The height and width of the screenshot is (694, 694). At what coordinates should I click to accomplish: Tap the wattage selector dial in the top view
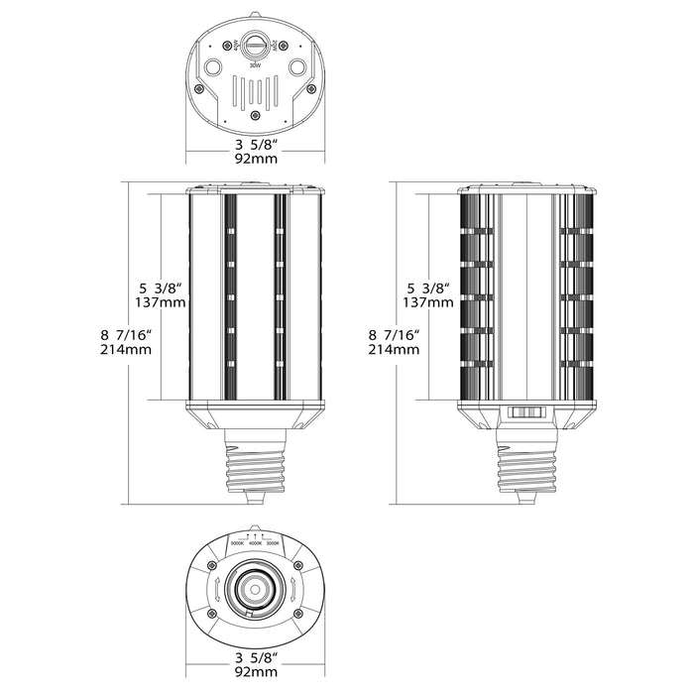click(x=255, y=46)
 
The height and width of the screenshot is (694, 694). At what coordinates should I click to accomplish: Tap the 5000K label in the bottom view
click(x=237, y=544)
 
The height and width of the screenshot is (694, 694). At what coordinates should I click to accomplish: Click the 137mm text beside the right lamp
click(x=424, y=301)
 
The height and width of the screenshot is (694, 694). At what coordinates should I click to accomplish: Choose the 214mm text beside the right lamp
click(x=388, y=350)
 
